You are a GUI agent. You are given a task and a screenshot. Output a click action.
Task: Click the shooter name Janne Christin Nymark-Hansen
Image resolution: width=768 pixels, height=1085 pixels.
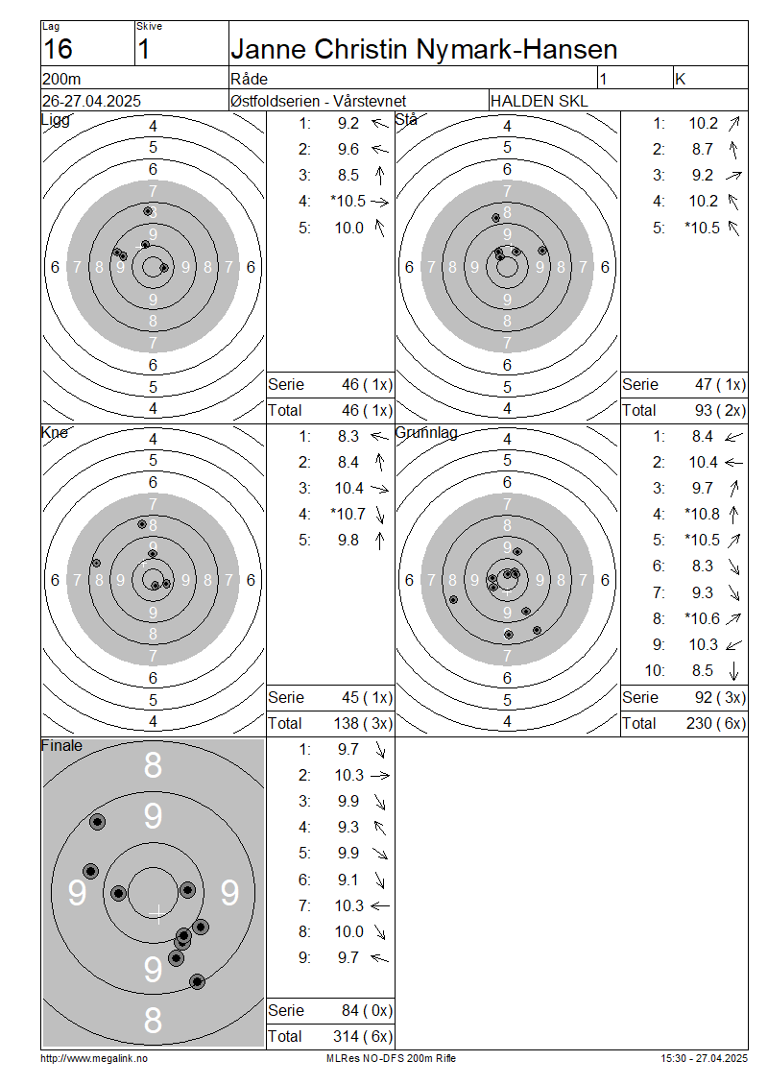(423, 49)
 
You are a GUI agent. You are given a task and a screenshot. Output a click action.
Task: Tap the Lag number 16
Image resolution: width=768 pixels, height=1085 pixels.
(58, 49)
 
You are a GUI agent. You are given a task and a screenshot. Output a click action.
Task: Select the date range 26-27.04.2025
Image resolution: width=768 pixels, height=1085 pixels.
(91, 101)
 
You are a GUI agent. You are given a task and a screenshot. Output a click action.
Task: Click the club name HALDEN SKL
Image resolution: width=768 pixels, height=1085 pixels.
(539, 101)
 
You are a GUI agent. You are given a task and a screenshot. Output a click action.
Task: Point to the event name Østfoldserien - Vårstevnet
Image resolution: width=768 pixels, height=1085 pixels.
(319, 101)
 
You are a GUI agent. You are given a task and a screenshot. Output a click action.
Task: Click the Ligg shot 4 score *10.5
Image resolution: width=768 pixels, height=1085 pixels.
(348, 202)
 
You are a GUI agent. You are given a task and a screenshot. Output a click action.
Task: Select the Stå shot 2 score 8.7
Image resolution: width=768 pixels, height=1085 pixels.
(703, 150)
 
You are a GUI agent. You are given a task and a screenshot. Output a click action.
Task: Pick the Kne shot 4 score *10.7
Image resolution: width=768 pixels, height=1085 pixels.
(348, 514)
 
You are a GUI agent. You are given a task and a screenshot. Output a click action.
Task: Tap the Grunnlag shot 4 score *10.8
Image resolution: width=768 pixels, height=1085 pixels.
(703, 514)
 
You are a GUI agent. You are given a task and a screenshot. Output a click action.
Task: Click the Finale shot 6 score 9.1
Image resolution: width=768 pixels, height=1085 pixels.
(348, 880)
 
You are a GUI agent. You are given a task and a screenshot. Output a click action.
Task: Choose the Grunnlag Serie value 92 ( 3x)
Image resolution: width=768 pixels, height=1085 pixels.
(720, 697)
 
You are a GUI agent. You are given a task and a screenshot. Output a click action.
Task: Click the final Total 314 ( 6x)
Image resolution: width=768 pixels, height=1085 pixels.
(363, 1037)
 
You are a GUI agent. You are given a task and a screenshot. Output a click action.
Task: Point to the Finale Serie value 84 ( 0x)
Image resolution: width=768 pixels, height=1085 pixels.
(367, 1011)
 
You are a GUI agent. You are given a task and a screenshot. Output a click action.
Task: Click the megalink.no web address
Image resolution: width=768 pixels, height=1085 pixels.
(94, 1058)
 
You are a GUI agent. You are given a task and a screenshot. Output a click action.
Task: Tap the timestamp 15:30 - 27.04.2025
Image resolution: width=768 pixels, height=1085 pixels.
(704, 1058)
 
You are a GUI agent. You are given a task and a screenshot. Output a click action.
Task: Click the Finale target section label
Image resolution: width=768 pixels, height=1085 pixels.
(61, 746)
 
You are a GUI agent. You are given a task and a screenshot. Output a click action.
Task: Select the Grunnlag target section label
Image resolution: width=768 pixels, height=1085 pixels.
(426, 433)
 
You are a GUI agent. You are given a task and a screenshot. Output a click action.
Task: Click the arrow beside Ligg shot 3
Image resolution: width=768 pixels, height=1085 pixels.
(379, 176)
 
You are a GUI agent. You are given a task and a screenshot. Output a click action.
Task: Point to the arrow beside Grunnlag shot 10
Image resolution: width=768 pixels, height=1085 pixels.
(733, 671)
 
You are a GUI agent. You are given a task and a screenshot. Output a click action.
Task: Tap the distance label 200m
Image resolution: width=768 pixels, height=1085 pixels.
(61, 79)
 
